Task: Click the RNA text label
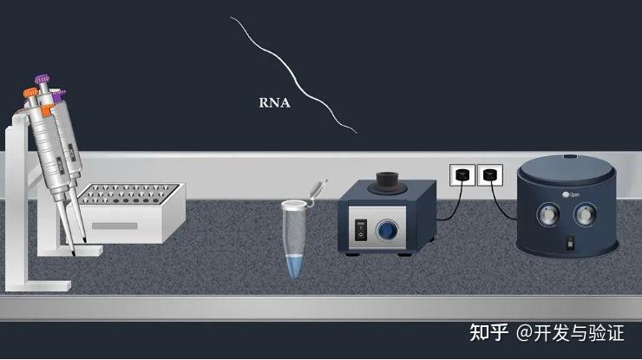(x=274, y=102)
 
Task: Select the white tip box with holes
(x=130, y=212)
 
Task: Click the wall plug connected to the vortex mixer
(x=461, y=176)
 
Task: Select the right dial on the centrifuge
(x=587, y=213)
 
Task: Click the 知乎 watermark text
(x=488, y=333)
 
